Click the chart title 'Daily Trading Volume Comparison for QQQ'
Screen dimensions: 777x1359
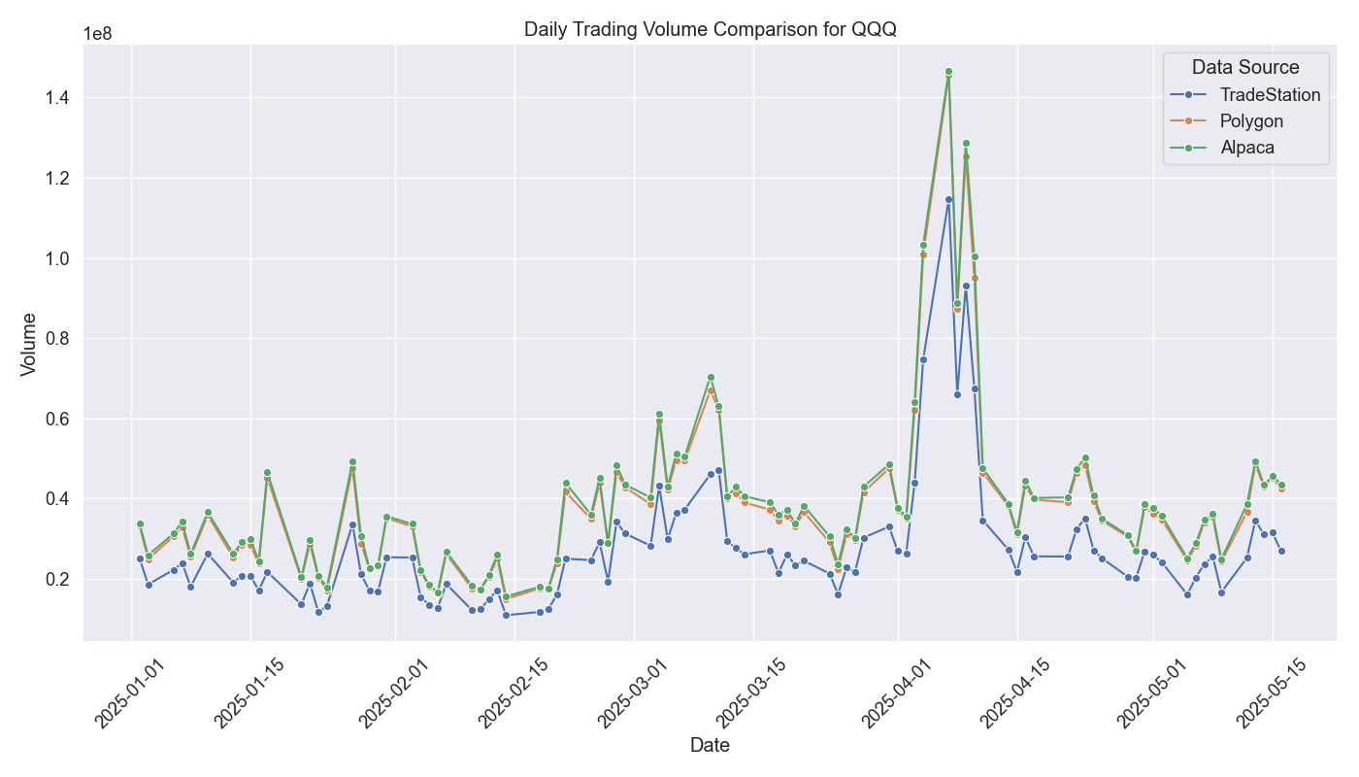click(710, 29)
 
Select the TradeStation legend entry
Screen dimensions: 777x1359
click(1270, 95)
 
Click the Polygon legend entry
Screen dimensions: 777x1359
click(1251, 121)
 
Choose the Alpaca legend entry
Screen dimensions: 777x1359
click(1247, 148)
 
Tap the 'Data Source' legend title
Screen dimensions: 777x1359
click(1245, 67)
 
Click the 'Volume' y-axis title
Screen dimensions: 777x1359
click(29, 344)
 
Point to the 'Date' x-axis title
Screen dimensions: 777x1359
click(710, 746)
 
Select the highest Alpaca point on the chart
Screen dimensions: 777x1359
click(948, 71)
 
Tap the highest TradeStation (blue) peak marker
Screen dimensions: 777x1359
click(948, 199)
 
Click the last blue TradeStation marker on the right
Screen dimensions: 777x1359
click(1281, 551)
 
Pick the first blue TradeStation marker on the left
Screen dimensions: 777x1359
click(140, 558)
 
